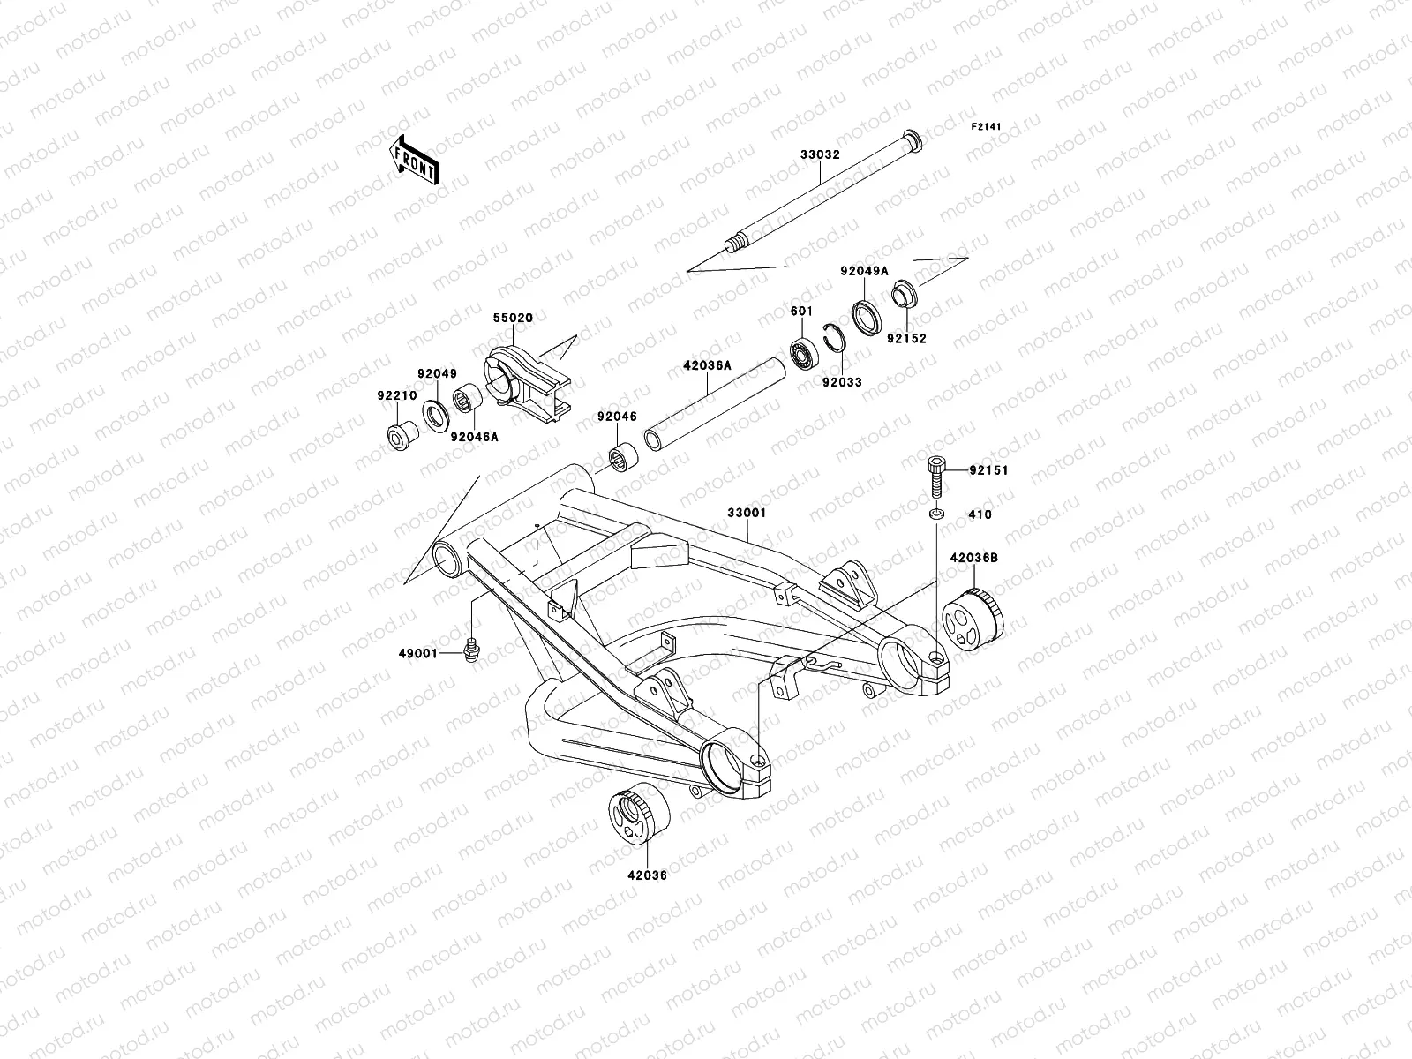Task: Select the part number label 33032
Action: tap(820, 154)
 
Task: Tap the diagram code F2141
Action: tap(987, 127)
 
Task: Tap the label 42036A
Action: tap(706, 363)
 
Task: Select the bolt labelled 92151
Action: tap(935, 477)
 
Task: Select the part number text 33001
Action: tap(747, 512)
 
